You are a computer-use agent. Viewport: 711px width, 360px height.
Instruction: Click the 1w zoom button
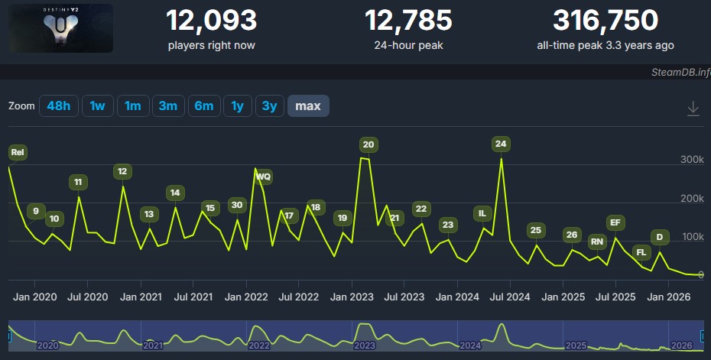(98, 106)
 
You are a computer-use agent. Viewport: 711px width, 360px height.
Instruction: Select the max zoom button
(308, 106)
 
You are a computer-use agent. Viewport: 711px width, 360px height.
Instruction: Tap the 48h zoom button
(59, 106)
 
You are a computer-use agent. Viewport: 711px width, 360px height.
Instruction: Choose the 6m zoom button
(204, 106)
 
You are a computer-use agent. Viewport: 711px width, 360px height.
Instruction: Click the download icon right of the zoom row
(693, 109)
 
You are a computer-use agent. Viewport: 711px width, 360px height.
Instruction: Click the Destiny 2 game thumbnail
(60, 28)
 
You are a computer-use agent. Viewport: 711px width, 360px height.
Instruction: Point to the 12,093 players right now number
(211, 21)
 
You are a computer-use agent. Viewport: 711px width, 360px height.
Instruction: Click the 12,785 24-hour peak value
(408, 21)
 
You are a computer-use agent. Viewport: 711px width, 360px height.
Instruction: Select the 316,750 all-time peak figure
(605, 21)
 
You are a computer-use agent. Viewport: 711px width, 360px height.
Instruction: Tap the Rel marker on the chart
(18, 152)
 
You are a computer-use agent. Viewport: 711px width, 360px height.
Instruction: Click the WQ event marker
(264, 177)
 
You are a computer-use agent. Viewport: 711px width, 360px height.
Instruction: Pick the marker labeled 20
(368, 144)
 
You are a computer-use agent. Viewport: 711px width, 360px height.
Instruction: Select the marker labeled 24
(501, 144)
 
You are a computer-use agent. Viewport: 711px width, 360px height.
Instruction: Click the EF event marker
(615, 222)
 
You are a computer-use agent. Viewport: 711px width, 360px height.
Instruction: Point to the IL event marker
(482, 213)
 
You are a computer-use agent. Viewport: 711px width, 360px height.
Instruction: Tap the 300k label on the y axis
(692, 160)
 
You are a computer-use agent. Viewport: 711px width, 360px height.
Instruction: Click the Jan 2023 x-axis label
(352, 297)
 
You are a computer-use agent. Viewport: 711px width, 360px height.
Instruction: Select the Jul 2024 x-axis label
(510, 297)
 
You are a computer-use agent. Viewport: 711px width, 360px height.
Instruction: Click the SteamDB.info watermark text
(681, 72)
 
